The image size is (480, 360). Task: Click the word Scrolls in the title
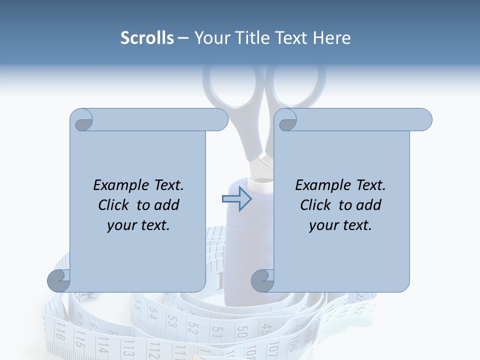coord(147,38)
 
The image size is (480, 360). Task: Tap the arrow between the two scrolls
coord(236,199)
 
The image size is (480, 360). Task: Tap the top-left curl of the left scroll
coord(82,120)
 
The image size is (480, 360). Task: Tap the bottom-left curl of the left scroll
coord(59,281)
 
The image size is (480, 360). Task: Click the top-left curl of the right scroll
coord(286,120)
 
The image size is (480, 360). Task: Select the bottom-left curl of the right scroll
coord(263,281)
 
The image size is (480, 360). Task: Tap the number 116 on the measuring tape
coord(60,331)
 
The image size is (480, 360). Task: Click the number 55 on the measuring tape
coord(138,305)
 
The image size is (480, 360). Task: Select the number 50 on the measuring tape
coord(242,333)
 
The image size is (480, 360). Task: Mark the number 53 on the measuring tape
coord(172,320)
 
